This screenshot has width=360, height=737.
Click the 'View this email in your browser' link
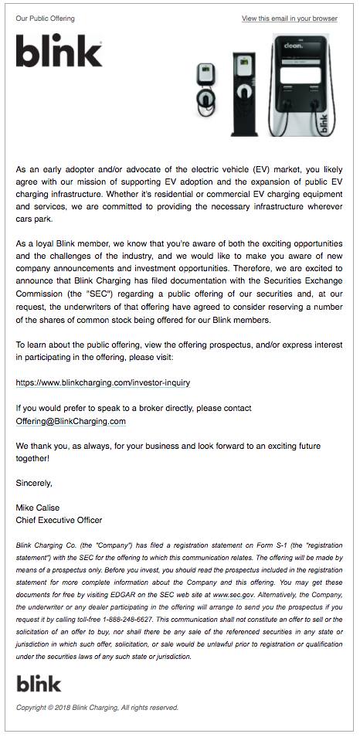click(289, 19)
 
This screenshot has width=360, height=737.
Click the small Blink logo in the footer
click(39, 683)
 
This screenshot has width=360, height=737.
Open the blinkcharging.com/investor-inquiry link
click(103, 382)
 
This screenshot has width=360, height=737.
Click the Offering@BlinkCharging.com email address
click(70, 422)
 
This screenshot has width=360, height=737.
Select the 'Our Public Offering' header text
click(45, 19)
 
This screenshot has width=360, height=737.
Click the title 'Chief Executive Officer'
click(59, 520)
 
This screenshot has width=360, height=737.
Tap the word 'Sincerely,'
click(34, 483)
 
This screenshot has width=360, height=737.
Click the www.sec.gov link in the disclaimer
click(233, 596)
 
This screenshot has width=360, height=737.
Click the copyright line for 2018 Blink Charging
click(97, 708)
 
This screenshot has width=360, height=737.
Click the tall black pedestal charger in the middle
click(244, 93)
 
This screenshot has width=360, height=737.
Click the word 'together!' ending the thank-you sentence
click(32, 458)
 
